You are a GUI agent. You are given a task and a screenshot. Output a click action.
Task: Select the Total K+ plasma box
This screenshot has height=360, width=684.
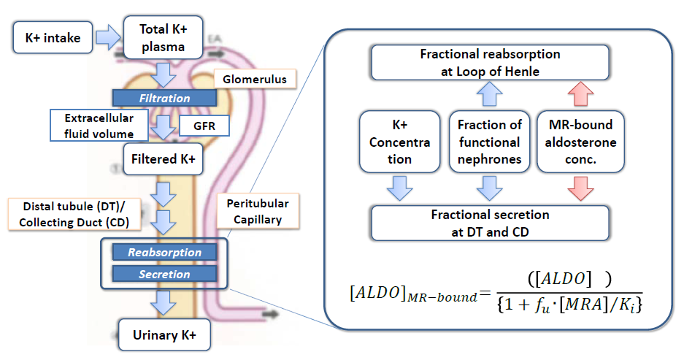click(163, 39)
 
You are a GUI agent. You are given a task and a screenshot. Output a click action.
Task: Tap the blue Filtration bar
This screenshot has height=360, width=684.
click(164, 98)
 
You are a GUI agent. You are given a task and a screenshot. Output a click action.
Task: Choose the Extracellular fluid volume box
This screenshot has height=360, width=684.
click(99, 126)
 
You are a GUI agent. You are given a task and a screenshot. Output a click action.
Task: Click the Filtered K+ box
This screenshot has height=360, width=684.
click(163, 158)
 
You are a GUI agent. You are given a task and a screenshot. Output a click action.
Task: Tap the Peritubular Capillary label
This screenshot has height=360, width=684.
click(251, 212)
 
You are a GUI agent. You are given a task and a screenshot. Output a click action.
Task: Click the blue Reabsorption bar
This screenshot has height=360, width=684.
click(164, 253)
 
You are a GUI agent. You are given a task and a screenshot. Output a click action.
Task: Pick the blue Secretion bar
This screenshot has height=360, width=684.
click(164, 275)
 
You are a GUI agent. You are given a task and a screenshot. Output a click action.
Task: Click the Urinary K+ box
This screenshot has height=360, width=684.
click(164, 335)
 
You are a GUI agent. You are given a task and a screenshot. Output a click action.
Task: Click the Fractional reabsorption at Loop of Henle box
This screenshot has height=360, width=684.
click(490, 63)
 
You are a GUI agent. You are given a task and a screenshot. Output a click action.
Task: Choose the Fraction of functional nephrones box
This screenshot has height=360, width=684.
click(490, 142)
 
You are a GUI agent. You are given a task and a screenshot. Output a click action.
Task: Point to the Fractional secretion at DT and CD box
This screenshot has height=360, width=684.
click(490, 223)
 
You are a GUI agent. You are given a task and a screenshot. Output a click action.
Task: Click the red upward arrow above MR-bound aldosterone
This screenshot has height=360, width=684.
click(580, 95)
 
